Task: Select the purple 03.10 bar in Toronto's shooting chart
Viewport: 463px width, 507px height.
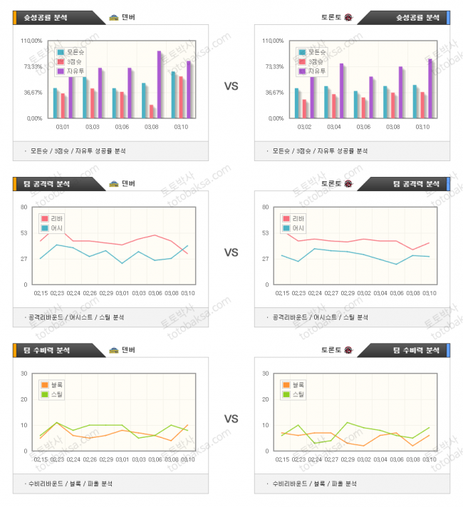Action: click(x=430, y=88)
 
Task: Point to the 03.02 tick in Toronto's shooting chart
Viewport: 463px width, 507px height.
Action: click(x=304, y=126)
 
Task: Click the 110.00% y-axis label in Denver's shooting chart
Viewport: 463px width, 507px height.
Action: click(x=32, y=41)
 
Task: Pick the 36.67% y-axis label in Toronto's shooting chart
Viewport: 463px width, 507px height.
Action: click(x=274, y=92)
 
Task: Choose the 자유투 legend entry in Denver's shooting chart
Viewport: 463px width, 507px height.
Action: click(x=72, y=71)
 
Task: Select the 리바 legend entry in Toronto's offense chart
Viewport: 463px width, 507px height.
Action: click(x=293, y=219)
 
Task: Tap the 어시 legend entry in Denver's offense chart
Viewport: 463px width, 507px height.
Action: click(x=53, y=228)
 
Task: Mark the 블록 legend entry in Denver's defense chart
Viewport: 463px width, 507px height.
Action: click(x=53, y=385)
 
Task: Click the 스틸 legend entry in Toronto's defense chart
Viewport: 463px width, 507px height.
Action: click(x=293, y=394)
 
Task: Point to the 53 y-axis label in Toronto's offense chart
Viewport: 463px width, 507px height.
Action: click(x=266, y=232)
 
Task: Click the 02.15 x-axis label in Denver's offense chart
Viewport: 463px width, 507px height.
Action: click(x=41, y=292)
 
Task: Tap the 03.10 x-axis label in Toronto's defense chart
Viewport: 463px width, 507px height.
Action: click(x=429, y=459)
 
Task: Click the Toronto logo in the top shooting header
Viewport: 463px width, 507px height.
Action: click(x=348, y=17)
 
